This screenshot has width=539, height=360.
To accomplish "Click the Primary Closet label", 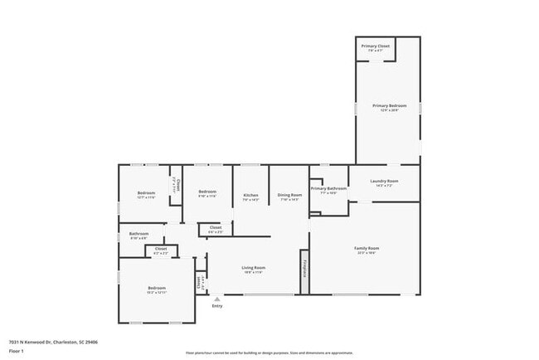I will tap(376, 46).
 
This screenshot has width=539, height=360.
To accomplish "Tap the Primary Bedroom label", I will tap(389, 106).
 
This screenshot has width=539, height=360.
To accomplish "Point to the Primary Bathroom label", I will tap(328, 188).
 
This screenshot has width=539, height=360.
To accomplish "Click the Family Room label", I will tap(367, 248).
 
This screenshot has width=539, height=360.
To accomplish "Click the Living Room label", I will tap(253, 267).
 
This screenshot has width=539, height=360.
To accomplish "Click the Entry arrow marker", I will tap(217, 299).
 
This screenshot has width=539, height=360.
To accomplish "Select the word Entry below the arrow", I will tap(217, 306).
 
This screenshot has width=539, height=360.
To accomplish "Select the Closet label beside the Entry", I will tap(199, 284).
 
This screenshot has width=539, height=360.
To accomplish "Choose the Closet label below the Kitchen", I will tap(215, 227).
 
